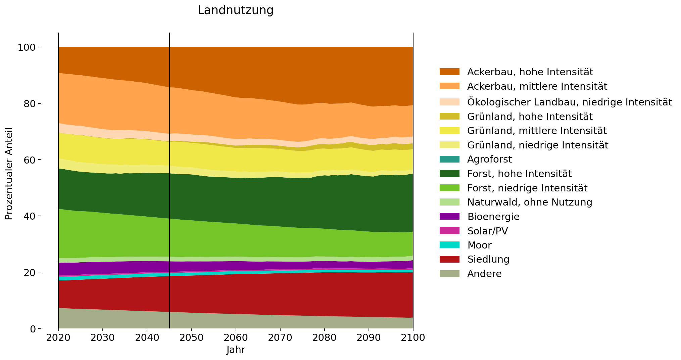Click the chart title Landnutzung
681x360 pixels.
(x=236, y=10)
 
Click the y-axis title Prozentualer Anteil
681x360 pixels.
(x=9, y=174)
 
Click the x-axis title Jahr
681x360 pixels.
(x=236, y=350)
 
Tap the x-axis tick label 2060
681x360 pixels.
(x=236, y=337)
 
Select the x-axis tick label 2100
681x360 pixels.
(x=413, y=337)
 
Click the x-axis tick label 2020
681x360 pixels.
(x=58, y=337)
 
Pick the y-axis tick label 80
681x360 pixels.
(x=29, y=103)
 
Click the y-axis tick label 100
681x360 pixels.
(x=27, y=47)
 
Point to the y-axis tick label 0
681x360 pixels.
(x=33, y=329)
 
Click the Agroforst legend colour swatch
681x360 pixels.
(x=449, y=159)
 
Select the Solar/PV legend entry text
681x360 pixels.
(x=487, y=231)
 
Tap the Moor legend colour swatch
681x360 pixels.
(x=449, y=245)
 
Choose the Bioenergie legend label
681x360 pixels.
(x=493, y=217)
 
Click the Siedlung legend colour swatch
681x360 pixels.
(x=449, y=259)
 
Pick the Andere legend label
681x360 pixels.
(x=484, y=274)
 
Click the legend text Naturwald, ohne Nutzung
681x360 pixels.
(x=529, y=202)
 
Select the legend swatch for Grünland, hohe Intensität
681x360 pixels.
(x=449, y=116)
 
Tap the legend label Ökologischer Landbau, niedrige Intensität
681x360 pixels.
(x=569, y=102)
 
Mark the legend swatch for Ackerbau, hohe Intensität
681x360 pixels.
(x=449, y=72)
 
